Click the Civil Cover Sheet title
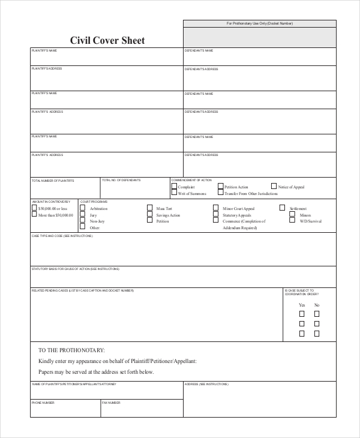click(x=107, y=41)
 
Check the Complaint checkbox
click(x=174, y=187)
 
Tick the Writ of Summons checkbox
click(x=174, y=193)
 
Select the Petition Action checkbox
click(x=220, y=187)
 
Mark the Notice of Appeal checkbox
click(x=274, y=187)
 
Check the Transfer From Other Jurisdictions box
click(x=220, y=193)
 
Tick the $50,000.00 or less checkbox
click(x=34, y=208)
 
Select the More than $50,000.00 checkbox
click(x=34, y=215)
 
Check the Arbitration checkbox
click(x=83, y=208)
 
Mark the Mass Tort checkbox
click(x=149, y=208)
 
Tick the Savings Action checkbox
click(x=149, y=215)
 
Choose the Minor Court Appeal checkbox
click(x=215, y=208)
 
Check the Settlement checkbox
click(x=282, y=208)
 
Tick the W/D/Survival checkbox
click(x=293, y=221)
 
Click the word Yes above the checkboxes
click(x=302, y=305)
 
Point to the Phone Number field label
click(x=43, y=403)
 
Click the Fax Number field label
click(x=111, y=403)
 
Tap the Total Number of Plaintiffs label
click(x=53, y=181)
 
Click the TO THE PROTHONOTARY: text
click(x=71, y=350)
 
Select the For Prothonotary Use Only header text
click(x=259, y=23)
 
